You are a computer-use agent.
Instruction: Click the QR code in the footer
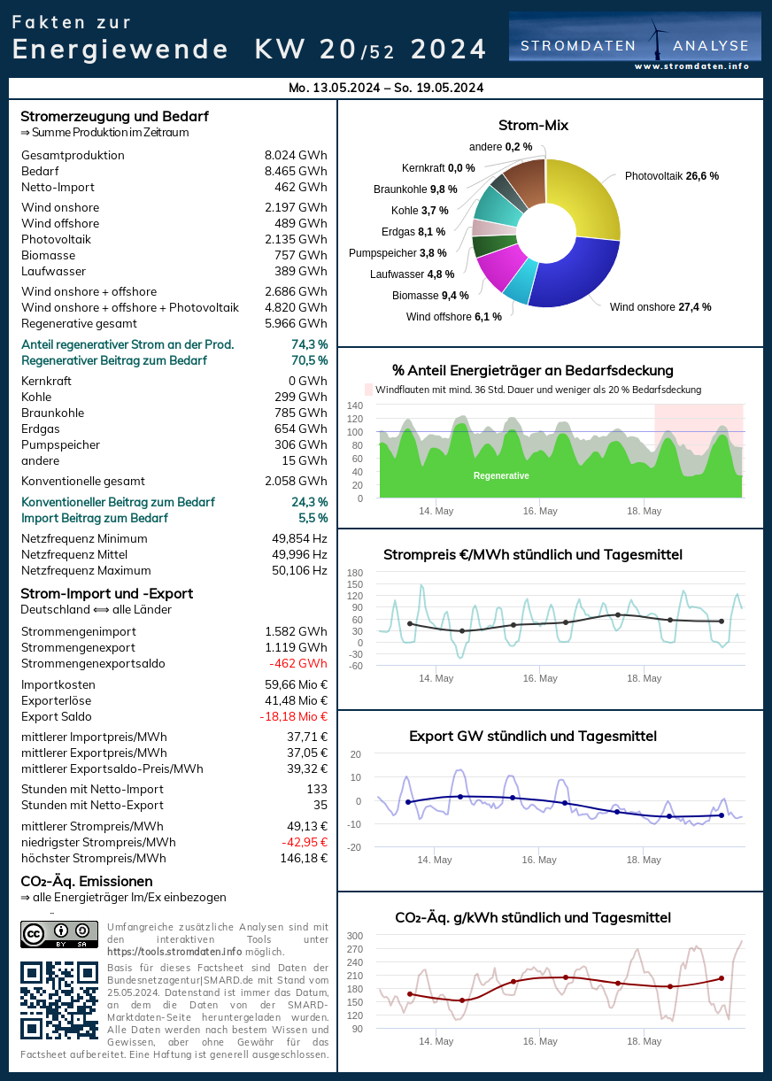(58, 1000)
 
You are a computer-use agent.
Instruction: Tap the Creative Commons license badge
(58, 934)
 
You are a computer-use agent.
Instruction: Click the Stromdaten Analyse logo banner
(635, 41)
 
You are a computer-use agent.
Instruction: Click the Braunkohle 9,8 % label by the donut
(415, 189)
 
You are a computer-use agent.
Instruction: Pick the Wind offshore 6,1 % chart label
(454, 316)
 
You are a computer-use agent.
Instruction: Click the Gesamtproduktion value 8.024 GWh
(296, 155)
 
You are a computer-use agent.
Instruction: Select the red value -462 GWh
(298, 663)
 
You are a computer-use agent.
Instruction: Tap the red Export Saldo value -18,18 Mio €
(293, 716)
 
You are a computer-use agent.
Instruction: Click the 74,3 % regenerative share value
(309, 344)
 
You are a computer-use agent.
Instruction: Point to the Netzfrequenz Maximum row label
(86, 570)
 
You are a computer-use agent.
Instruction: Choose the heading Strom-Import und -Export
(106, 593)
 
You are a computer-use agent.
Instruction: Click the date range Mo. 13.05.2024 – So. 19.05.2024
(386, 88)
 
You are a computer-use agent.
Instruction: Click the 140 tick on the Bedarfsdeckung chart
(354, 405)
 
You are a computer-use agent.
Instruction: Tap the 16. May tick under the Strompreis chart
(540, 678)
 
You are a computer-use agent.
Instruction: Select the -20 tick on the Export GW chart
(354, 847)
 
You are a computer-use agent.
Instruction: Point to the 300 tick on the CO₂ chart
(354, 936)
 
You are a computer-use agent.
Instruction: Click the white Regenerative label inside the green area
(501, 475)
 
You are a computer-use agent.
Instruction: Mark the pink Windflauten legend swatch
(369, 390)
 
